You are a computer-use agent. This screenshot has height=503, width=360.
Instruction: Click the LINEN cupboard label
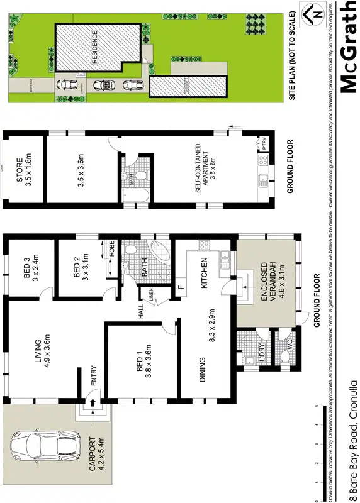151,294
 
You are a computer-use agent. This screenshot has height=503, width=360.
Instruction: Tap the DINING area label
202,370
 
